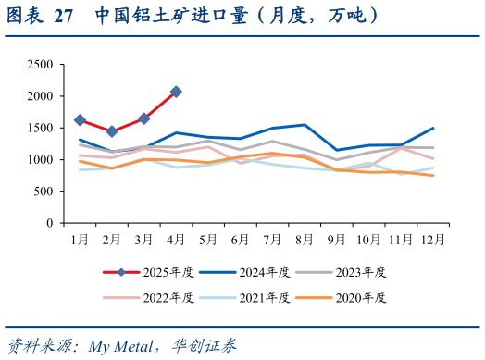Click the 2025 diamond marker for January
(80, 120)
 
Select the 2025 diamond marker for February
(112, 131)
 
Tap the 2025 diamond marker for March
(144, 118)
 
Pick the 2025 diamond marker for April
(176, 92)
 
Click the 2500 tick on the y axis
(40, 65)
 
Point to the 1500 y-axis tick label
(40, 129)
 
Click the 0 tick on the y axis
(49, 224)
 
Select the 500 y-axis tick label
(43, 192)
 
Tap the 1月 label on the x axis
(80, 239)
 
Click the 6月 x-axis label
(240, 239)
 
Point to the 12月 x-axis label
(431, 239)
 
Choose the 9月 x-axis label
(336, 239)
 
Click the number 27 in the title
(64, 17)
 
